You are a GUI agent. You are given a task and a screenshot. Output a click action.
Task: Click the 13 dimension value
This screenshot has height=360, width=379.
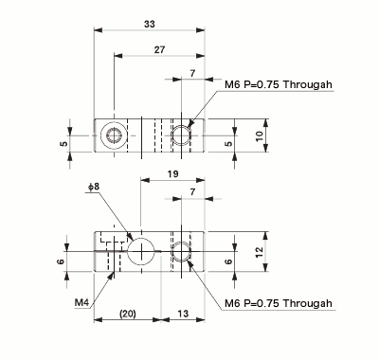[x=182, y=314]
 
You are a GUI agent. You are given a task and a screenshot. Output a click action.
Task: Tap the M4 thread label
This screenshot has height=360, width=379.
[x=82, y=303]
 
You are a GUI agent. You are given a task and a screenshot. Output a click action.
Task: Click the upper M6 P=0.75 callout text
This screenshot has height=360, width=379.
[x=279, y=85]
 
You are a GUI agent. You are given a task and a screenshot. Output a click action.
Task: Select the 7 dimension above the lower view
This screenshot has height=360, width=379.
[x=193, y=193]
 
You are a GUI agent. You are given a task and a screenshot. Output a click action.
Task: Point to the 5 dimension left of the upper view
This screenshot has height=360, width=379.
[x=63, y=144]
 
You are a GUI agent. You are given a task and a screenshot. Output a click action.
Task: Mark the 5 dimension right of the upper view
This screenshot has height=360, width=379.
[x=228, y=144]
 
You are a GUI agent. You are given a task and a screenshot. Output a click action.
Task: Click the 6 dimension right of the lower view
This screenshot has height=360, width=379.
[x=228, y=261]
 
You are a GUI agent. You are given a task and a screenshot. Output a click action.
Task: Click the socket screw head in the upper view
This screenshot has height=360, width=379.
[x=115, y=135]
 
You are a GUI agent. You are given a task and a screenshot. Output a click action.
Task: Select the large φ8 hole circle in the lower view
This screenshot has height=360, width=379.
[x=140, y=250]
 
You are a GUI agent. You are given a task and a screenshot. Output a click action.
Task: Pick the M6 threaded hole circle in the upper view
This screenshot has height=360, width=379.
[x=182, y=135]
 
